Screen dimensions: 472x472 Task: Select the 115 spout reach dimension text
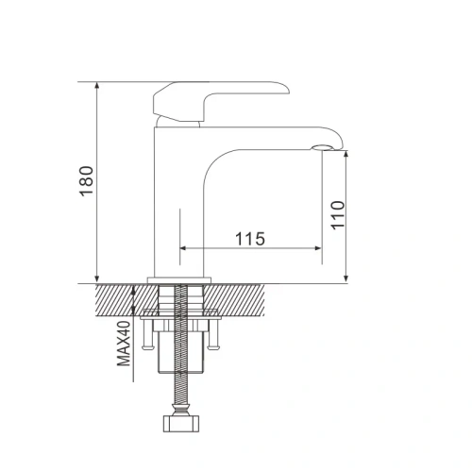[x=248, y=239]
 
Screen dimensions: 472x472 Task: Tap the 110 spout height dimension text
[x=339, y=216]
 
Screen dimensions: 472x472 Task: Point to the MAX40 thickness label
[x=123, y=346]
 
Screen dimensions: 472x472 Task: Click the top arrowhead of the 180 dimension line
[x=98, y=86]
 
